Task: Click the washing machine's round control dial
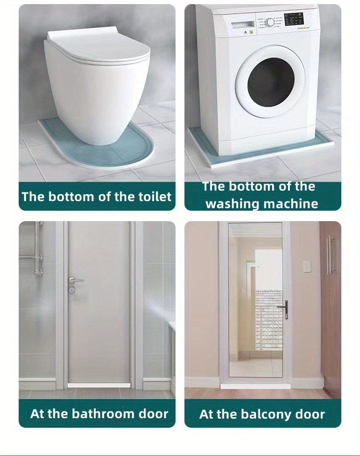click(270, 22)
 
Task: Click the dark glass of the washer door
click(270, 83)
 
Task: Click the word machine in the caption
click(292, 203)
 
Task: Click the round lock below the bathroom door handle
click(72, 290)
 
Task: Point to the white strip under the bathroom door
click(99, 386)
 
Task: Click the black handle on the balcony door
click(285, 310)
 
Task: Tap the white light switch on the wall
click(307, 267)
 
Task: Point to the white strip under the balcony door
click(255, 386)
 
